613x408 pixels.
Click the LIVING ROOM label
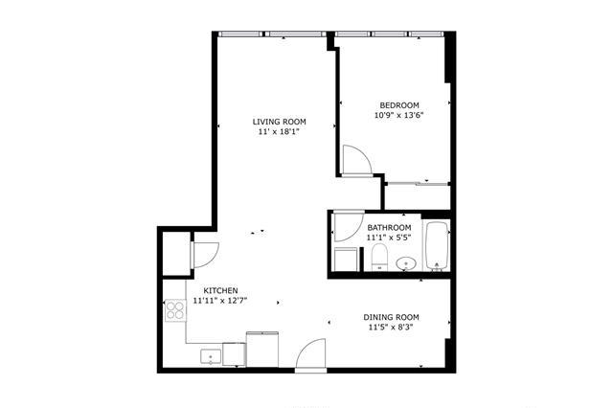279,122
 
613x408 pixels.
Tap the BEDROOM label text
399,105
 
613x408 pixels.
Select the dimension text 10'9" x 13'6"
399,115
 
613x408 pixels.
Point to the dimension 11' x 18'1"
279,132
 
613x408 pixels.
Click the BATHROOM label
389,227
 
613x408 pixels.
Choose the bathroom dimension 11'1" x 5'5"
389,238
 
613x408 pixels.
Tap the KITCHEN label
220,291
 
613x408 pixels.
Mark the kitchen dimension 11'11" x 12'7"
220,301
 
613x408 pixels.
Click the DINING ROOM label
391,317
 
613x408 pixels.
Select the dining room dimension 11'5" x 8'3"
391,328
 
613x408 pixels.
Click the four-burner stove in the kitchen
175,310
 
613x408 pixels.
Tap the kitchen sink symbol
211,356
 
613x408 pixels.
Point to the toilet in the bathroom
379,257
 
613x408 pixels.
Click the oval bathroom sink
406,263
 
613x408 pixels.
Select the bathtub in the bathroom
437,246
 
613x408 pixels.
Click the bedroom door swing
356,159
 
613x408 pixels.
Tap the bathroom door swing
348,227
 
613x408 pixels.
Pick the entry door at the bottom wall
310,353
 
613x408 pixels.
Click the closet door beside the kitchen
206,255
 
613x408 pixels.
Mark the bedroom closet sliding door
417,183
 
